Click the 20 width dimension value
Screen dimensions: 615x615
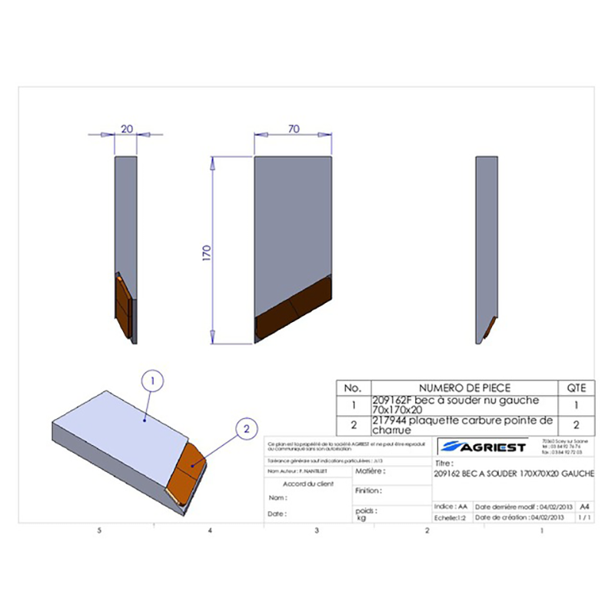coord(128,129)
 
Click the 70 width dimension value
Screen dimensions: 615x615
coord(293,129)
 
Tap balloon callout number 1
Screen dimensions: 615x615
coord(152,380)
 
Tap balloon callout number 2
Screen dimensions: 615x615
coord(245,429)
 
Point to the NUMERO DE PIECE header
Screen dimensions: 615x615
coord(464,388)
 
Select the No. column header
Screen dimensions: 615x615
coord(353,388)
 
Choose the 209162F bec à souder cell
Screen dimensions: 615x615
coord(461,405)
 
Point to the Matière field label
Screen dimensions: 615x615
coord(370,470)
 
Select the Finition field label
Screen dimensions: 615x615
coord(370,490)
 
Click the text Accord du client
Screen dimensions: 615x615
coord(307,484)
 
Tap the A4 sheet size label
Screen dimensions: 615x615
coord(584,507)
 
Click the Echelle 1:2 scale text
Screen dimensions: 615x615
coord(453,518)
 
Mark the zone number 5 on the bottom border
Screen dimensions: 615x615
coord(99,530)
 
